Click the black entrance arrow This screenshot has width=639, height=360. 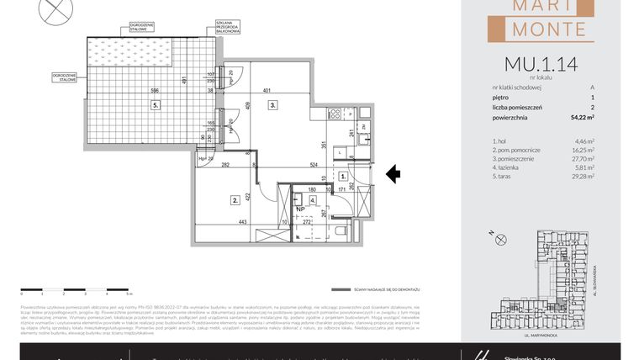point(393,175)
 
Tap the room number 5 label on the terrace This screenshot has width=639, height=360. point(156,105)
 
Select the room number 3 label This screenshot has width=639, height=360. point(273,105)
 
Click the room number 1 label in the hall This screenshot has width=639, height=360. point(345,177)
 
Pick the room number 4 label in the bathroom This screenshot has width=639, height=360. point(312,201)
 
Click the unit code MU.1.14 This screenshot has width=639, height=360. point(541,63)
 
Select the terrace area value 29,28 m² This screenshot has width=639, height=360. point(583,177)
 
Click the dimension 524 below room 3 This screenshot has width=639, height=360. point(313,164)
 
